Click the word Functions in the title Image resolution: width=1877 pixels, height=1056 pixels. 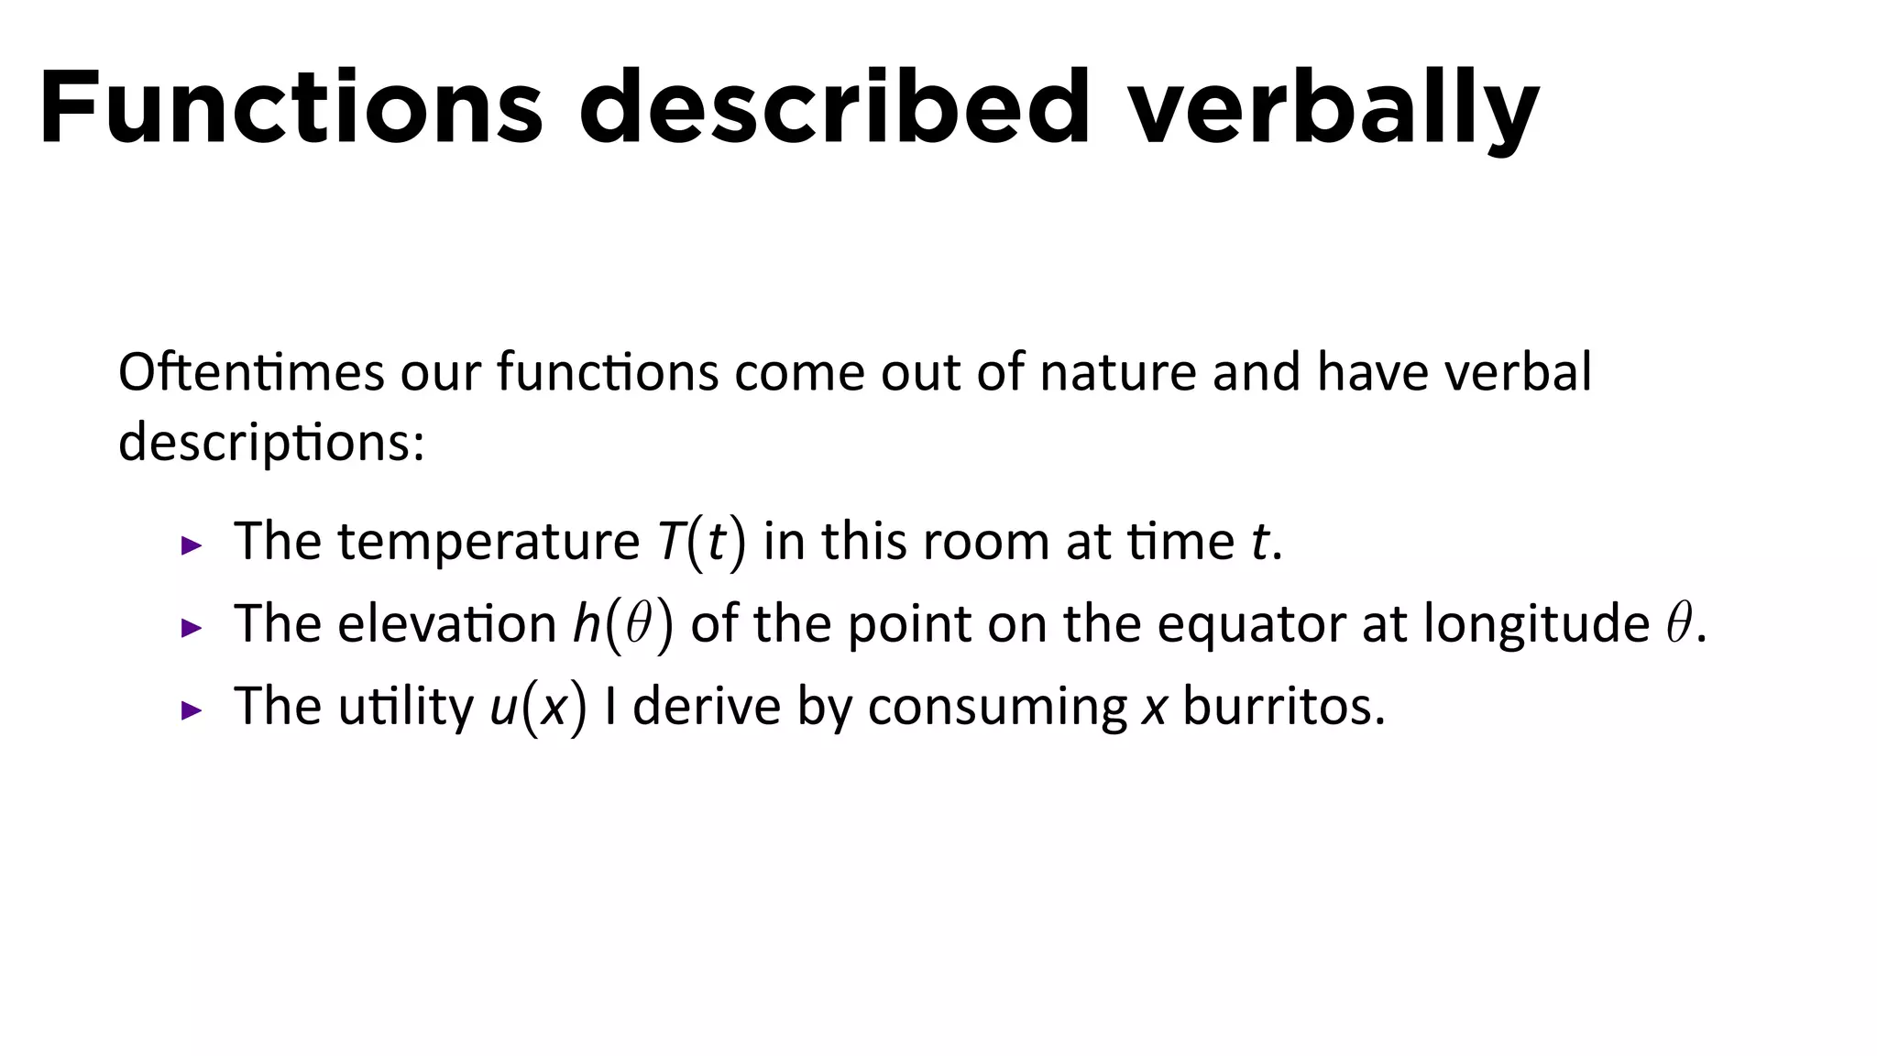291,108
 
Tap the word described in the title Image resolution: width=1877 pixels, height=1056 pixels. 834,108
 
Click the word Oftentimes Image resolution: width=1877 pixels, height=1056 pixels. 251,372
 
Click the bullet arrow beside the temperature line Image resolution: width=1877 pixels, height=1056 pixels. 192,546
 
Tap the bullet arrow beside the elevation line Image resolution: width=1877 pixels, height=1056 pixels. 192,628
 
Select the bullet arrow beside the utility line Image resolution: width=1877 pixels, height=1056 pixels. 192,709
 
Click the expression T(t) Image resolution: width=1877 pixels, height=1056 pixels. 701,542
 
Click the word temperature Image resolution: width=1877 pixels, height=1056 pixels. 488,542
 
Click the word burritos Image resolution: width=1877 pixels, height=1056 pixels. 1283,707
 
